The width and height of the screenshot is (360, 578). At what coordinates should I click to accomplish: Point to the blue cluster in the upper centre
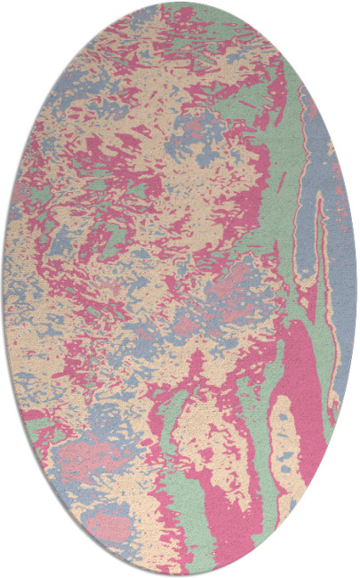coord(191,133)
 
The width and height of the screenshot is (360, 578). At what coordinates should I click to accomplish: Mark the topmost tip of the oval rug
coord(180,3)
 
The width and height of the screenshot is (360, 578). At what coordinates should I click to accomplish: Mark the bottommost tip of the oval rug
coord(180,575)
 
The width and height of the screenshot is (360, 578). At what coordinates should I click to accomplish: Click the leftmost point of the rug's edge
coord(4,289)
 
